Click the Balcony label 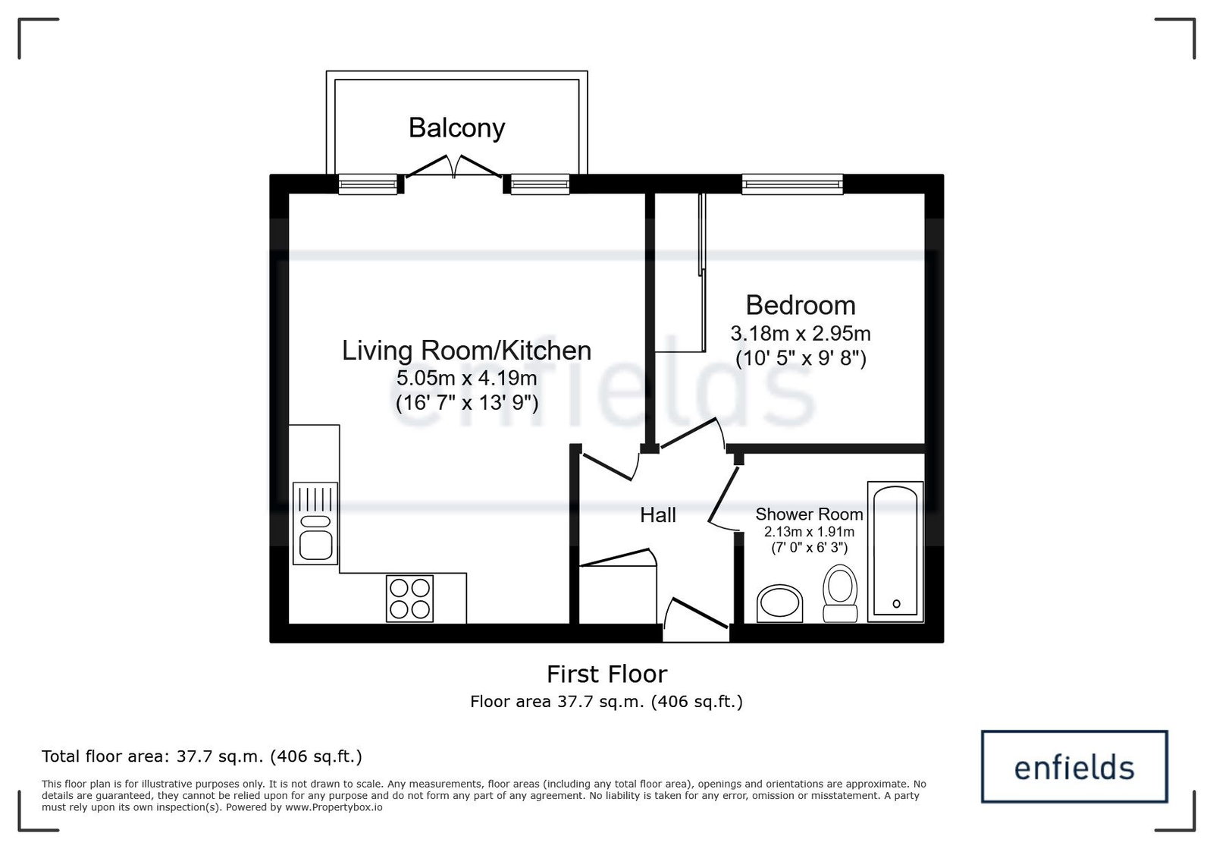[456, 128]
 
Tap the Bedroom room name [801, 305]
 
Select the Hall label [658, 514]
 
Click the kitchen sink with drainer [315, 524]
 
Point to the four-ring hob [409, 599]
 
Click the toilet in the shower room [840, 593]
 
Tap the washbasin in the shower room [780, 604]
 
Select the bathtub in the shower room [895, 552]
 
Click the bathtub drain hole [896, 604]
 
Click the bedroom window [792, 184]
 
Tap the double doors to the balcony [454, 167]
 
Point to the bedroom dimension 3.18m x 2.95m [801, 333]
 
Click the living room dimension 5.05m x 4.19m [467, 378]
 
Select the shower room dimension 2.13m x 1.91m [809, 532]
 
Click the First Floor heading [606, 674]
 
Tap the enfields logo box [1074, 766]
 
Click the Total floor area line [202, 756]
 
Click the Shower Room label [809, 514]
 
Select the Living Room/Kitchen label [466, 351]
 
